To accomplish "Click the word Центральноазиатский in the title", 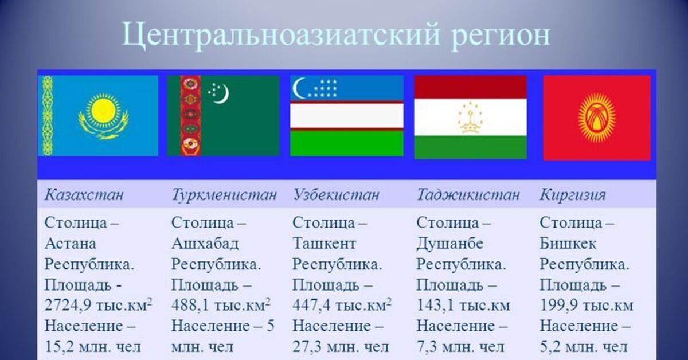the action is pos(281,36).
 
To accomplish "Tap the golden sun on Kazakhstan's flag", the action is pos(103,111).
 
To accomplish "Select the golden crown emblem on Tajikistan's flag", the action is pos(471,118).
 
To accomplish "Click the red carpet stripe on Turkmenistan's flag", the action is pos(190,116).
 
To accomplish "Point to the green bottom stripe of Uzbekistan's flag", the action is pos(347,143).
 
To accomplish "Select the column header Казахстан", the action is pos(84,195).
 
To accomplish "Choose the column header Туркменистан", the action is pos(224,195).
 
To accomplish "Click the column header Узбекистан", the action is pos(336,195).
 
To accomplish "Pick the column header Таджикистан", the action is pos(468,195).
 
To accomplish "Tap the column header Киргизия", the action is pos(573,195).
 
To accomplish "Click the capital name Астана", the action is pos(71,244).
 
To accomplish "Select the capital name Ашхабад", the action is pos(205,244).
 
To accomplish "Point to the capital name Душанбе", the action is pos(450,244).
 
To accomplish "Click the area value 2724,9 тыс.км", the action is pos(98,305).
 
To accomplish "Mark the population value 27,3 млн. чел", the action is pos(341,347).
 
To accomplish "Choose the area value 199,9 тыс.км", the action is pos(587,306).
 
